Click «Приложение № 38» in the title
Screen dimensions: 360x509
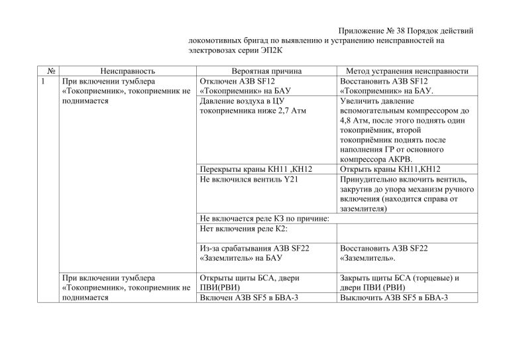(x=372, y=31)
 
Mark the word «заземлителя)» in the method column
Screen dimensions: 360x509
(x=363, y=209)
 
